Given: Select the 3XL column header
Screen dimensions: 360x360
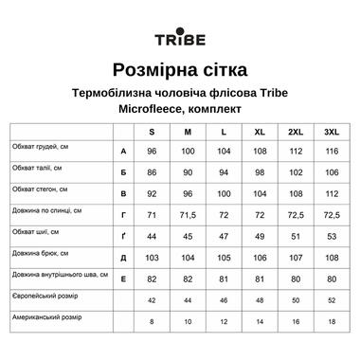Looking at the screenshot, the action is coord(332,131).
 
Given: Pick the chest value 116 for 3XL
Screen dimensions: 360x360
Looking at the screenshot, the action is coord(332,152).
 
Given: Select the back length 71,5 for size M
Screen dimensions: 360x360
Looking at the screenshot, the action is coord(188,214).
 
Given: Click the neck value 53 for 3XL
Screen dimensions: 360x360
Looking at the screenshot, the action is coord(332,235).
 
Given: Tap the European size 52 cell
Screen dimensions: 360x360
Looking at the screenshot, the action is coord(332,300).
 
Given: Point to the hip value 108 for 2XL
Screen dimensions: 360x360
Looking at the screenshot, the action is coord(296,193).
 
